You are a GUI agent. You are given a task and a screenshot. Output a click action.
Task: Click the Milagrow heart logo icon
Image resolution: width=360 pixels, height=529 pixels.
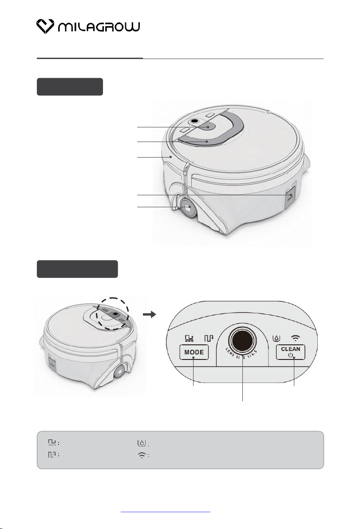[45, 26]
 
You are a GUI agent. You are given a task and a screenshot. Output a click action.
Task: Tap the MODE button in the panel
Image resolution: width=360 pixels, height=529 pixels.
[194, 352]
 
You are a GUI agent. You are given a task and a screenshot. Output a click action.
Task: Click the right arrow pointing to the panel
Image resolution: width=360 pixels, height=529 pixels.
[150, 315]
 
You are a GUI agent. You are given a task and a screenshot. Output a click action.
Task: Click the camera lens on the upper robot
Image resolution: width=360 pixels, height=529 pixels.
[194, 121]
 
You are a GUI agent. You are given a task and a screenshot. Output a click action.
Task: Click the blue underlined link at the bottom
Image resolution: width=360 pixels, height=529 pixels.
[165, 512]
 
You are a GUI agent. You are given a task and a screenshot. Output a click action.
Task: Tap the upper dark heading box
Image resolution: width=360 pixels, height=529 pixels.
[70, 87]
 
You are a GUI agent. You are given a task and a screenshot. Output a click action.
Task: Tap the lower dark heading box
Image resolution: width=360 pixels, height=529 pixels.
[77, 269]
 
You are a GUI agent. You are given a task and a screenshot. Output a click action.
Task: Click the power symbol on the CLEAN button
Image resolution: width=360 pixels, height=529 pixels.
[290, 355]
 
